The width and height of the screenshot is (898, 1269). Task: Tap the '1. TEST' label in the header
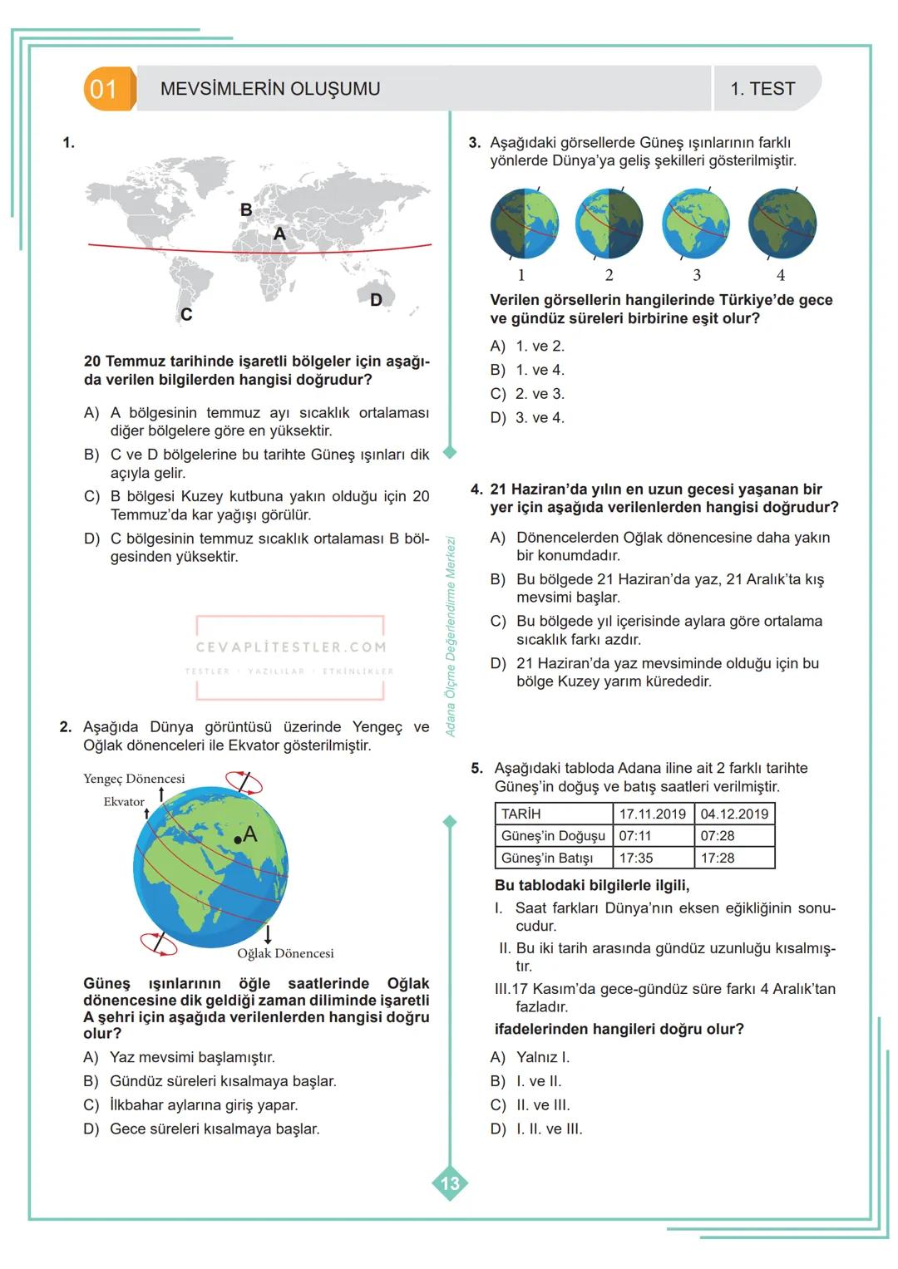pos(762,89)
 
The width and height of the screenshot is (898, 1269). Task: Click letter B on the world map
pos(246,210)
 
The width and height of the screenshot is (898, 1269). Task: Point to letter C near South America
pos(186,315)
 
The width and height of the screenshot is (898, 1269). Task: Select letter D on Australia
pos(376,300)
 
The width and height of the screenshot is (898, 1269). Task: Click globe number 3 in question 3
pos(696,224)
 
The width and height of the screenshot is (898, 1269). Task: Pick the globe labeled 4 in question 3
pos(782,224)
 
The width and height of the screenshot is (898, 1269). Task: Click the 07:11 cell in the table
pos(635,836)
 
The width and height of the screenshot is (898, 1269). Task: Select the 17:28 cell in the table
pos(718,858)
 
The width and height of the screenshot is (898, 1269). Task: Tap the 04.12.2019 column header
pos(734,814)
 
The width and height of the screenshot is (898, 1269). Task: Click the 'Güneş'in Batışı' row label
pos(547,858)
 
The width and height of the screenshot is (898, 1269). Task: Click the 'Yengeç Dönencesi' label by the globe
pos(134,779)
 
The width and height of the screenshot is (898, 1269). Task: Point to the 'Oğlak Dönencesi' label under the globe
pos(285,953)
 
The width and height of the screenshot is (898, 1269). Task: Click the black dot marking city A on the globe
pos(238,840)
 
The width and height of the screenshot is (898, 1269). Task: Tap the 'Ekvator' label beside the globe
pos(124,802)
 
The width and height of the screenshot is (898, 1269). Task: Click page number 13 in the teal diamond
pos(450,1183)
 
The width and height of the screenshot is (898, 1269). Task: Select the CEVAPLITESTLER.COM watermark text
pos(291,647)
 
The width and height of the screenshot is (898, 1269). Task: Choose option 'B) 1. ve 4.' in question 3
pos(527,370)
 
